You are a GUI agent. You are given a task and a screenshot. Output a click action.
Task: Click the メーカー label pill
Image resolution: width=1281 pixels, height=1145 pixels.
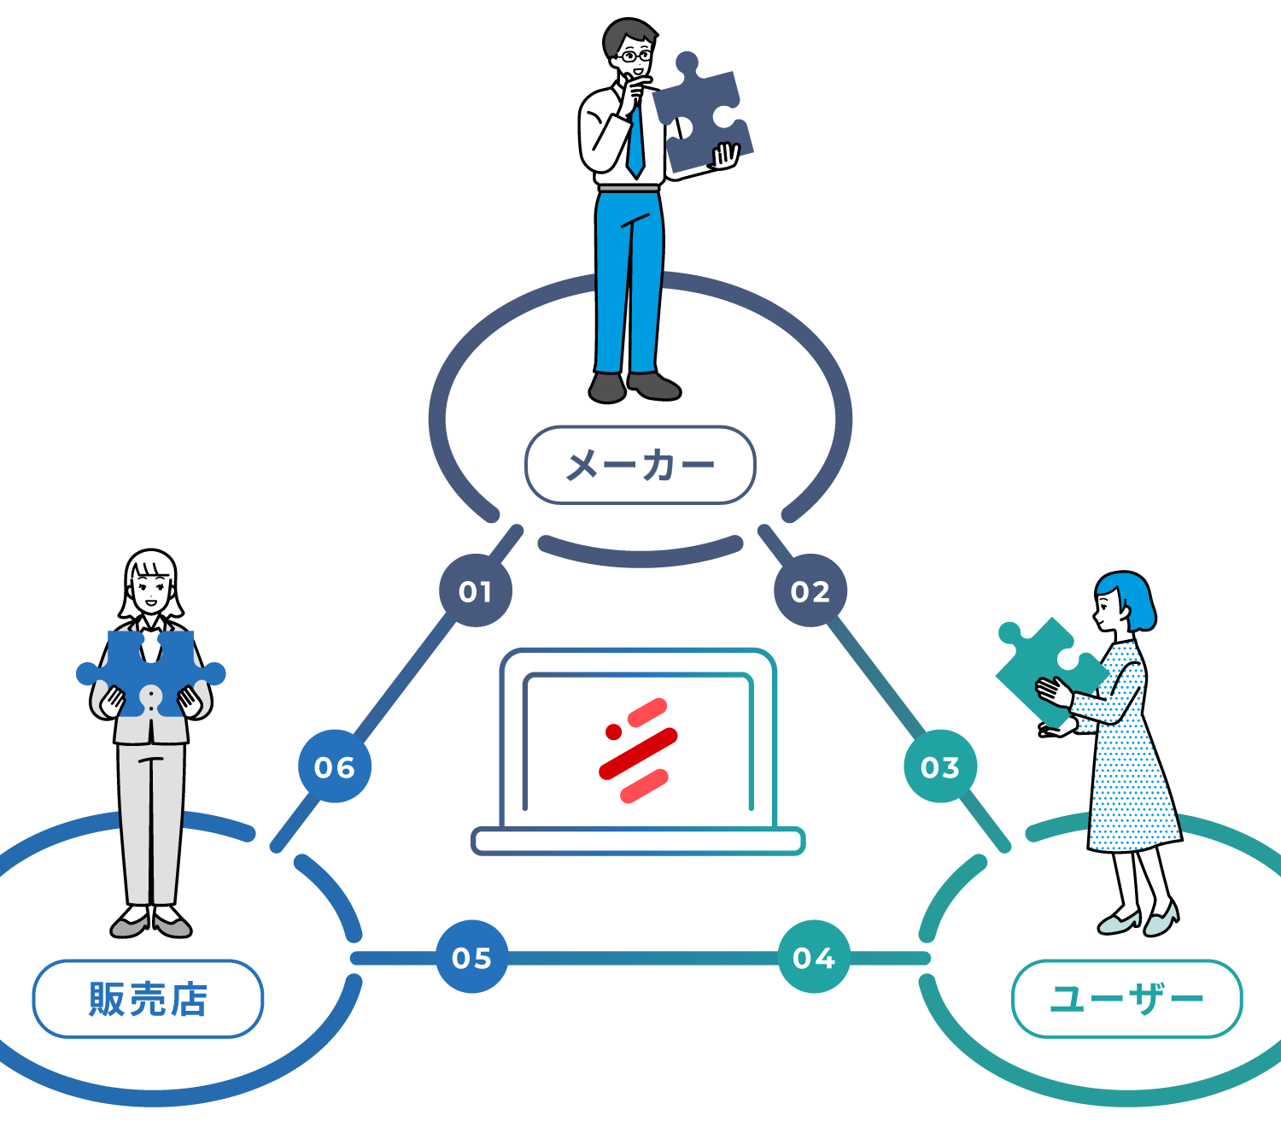640,465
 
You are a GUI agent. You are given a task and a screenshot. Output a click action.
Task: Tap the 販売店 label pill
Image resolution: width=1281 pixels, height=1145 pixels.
148,998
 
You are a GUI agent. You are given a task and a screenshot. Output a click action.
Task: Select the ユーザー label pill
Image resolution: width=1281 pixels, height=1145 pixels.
1126,998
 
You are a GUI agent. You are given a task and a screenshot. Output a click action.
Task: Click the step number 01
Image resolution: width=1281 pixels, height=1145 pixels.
475,592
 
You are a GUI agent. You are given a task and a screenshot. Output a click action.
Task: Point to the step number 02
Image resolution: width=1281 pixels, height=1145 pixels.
810,592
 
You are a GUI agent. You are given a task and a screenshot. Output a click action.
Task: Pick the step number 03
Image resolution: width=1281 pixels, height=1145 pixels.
939,768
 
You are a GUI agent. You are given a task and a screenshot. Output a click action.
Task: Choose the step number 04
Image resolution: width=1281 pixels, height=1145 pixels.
813,959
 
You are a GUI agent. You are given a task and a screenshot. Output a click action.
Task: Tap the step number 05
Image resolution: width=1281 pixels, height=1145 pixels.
471,959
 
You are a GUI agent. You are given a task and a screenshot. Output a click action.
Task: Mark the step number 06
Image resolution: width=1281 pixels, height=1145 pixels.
334,768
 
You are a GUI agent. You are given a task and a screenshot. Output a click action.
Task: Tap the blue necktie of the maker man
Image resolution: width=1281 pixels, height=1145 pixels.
635,141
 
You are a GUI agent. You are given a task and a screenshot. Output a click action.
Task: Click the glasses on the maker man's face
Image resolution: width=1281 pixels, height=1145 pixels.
634,56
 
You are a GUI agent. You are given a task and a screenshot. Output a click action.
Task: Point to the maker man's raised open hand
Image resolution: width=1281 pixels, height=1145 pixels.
725,156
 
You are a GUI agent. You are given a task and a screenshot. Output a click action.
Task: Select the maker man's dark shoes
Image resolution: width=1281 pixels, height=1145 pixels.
632,386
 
